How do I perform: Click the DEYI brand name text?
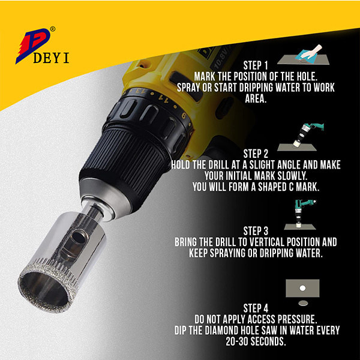pyautogui.click(x=51, y=58)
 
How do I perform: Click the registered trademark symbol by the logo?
pyautogui.click(x=53, y=29)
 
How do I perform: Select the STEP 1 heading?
pyautogui.click(x=256, y=65)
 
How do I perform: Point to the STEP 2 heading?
pyautogui.click(x=256, y=154)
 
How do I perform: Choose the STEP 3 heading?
pyautogui.click(x=256, y=231)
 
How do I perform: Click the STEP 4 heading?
pyautogui.click(x=256, y=308)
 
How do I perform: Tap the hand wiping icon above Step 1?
pyautogui.click(x=304, y=55)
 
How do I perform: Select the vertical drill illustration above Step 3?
pyautogui.click(x=301, y=215)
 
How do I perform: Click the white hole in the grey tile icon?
pyautogui.click(x=302, y=288)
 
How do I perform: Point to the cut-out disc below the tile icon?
pyautogui.click(x=303, y=303)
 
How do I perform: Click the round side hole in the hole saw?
pyautogui.click(x=78, y=237)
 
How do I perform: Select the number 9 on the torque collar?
pyautogui.click(x=184, y=115)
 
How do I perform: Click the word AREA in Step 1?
pyautogui.click(x=256, y=99)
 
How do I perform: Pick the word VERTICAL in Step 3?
pyautogui.click(x=262, y=242)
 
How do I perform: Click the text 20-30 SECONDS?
pyautogui.click(x=256, y=341)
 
